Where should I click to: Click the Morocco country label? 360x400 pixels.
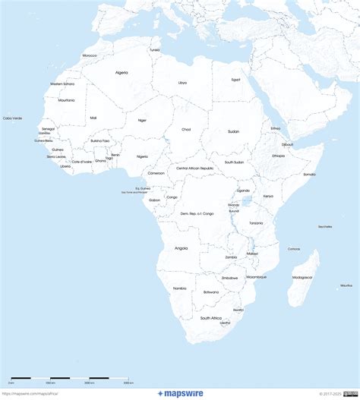click(90, 55)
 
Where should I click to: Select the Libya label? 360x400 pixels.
click(182, 82)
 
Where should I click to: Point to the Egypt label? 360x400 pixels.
click(235, 79)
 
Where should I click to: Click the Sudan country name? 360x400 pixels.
click(233, 131)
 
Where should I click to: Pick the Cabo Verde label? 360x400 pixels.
click(12, 118)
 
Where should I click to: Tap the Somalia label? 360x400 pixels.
click(310, 174)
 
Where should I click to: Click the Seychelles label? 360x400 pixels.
click(325, 226)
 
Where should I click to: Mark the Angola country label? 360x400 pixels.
click(181, 248)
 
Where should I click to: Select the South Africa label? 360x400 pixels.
click(210, 317)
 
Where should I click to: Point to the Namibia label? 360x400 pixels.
click(180, 288)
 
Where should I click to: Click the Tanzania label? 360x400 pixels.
click(256, 222)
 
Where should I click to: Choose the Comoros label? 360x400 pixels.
click(294, 249)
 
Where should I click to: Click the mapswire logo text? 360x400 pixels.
click(180, 393)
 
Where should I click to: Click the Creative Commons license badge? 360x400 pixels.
click(351, 393)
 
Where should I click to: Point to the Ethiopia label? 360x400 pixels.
click(279, 156)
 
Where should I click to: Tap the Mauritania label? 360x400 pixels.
click(66, 100)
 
